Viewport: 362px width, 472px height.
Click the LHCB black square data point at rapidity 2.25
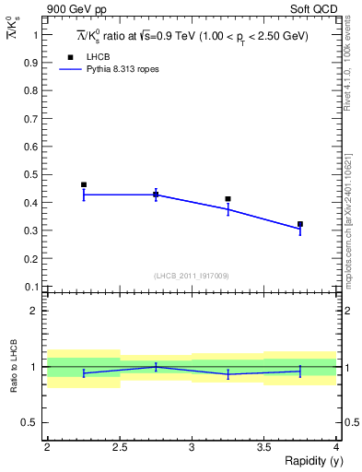pos(84,184)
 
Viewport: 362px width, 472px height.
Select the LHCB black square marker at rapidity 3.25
pos(228,198)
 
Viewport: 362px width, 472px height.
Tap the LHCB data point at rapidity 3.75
pos(300,224)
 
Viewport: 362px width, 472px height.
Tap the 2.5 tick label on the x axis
pos(120,447)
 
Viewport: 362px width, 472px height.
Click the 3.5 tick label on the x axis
pos(264,447)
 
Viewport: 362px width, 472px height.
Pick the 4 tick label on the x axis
pos(337,447)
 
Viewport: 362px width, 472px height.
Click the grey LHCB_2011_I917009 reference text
pos(191,276)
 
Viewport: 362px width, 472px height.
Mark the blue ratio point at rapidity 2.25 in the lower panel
pos(84,373)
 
